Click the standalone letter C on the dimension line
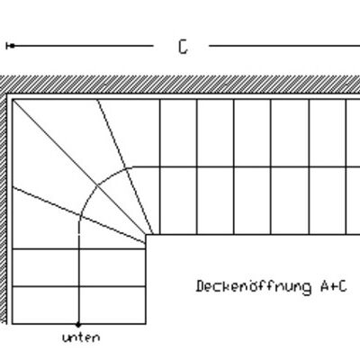[183, 47]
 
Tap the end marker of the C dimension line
[12, 46]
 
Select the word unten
[81, 337]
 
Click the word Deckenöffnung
[254, 286]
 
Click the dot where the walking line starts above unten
[78, 324]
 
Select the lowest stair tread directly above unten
[79, 305]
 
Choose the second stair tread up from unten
[79, 267]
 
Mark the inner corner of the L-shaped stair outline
[146, 235]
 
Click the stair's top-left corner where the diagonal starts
[13, 100]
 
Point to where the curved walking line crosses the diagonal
[97, 186]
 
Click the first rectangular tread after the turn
[178, 166]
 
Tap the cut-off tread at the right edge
[353, 166]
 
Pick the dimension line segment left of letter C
[83, 46]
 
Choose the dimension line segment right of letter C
[284, 46]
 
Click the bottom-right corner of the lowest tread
[146, 324]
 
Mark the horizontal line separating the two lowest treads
[79, 287]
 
